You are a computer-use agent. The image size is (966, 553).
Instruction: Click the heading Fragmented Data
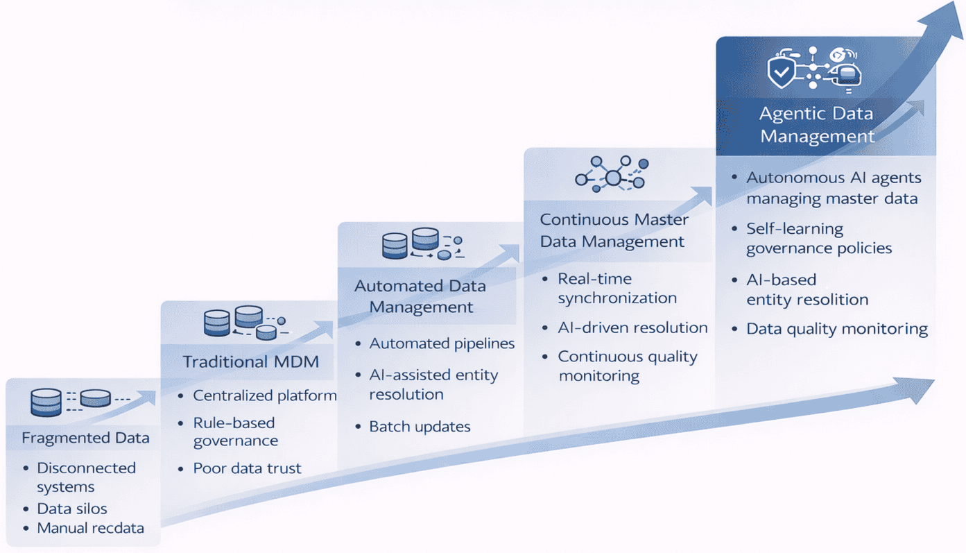click(85, 438)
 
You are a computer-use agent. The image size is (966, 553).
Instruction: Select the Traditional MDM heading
click(250, 361)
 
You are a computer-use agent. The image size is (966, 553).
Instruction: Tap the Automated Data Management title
click(420, 296)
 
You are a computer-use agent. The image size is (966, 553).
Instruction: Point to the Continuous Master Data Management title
click(613, 230)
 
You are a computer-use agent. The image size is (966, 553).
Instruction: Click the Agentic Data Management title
click(816, 125)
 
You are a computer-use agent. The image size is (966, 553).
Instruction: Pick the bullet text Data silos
click(72, 509)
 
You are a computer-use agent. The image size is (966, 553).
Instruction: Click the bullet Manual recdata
click(90, 528)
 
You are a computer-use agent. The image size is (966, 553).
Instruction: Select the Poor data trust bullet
click(247, 468)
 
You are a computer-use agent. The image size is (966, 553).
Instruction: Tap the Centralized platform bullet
click(264, 395)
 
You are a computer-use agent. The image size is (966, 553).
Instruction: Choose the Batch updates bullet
click(420, 427)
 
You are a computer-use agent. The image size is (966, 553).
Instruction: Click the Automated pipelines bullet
click(442, 343)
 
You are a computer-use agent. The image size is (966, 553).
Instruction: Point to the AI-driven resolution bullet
click(632, 327)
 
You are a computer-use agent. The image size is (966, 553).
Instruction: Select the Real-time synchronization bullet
click(617, 289)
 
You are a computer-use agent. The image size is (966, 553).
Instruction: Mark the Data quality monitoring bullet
click(836, 329)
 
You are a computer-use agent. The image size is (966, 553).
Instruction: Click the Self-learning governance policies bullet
click(818, 239)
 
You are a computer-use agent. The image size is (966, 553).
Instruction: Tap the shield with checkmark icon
click(782, 71)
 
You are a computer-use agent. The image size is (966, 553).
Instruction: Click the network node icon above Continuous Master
click(612, 174)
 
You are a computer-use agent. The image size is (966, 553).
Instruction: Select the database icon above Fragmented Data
click(46, 402)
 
